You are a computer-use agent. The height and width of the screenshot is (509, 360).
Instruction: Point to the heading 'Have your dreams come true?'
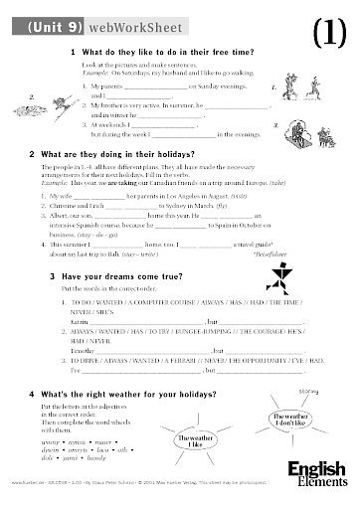click(x=124, y=276)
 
